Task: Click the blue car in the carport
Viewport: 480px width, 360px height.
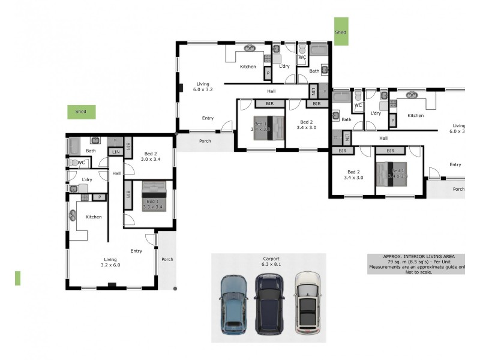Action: tap(233, 304)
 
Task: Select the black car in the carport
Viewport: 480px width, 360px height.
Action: tap(269, 304)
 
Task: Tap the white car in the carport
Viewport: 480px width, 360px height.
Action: tap(307, 303)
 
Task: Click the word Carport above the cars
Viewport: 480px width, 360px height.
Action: tap(271, 259)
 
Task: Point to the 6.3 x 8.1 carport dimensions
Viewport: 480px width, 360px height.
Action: tap(271, 265)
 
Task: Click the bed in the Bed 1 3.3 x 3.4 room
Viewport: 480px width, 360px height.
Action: tap(152, 196)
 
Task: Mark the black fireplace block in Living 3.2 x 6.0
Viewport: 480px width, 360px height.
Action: tap(110, 285)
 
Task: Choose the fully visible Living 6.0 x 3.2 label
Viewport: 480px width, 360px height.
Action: tap(203, 86)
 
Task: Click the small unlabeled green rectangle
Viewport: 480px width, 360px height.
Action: tap(17, 278)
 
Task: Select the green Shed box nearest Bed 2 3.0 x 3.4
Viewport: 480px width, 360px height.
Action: tap(81, 112)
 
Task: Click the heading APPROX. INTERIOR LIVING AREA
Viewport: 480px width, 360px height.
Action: tap(417, 256)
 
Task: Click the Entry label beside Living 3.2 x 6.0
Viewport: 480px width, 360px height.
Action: tap(136, 251)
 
